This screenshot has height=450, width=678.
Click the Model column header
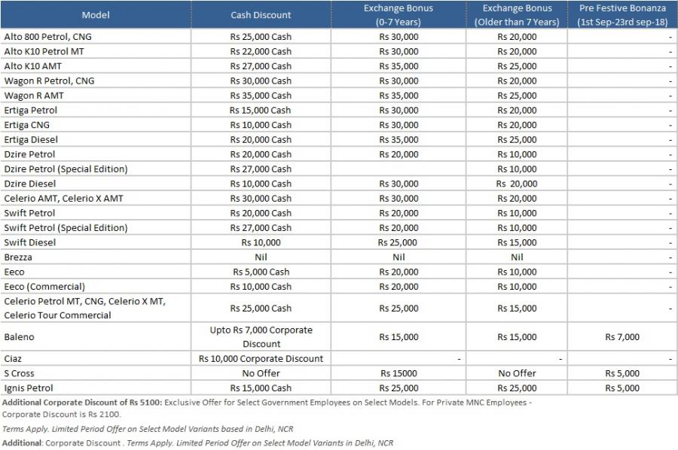pyautogui.click(x=96, y=15)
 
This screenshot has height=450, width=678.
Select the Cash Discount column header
pyautogui.click(x=261, y=15)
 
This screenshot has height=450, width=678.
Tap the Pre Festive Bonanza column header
pyautogui.click(x=622, y=15)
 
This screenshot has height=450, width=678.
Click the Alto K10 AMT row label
pyautogui.click(x=33, y=66)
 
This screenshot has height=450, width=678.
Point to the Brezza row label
pyautogui.click(x=18, y=257)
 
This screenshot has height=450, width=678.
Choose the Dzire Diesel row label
pyautogui.click(x=30, y=184)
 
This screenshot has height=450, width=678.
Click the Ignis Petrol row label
pyautogui.click(x=29, y=388)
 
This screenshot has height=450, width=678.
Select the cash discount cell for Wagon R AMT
pyautogui.click(x=261, y=96)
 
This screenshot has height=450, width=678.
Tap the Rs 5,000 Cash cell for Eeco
pyautogui.click(x=261, y=272)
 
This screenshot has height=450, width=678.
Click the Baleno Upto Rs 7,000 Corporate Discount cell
pyautogui.click(x=261, y=337)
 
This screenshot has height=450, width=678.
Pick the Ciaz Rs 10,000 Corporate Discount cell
pyautogui.click(x=261, y=358)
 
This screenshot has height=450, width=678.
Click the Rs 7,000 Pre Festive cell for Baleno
pyautogui.click(x=622, y=337)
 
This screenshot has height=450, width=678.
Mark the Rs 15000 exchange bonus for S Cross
pyautogui.click(x=399, y=373)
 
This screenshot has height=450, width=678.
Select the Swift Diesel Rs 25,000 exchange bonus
pyautogui.click(x=397, y=242)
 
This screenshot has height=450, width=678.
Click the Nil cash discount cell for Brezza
pyautogui.click(x=261, y=257)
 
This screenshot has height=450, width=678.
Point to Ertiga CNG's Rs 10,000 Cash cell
pyautogui.click(x=261, y=125)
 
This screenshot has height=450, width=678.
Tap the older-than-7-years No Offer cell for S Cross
pyautogui.click(x=517, y=373)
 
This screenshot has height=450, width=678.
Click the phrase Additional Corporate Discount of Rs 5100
pyautogui.click(x=81, y=403)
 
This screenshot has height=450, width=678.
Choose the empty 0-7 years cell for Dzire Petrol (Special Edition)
pyautogui.click(x=399, y=169)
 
